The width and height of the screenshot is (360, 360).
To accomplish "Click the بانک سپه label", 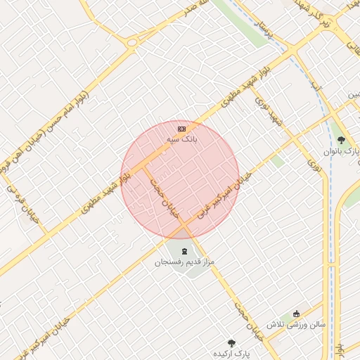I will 181,140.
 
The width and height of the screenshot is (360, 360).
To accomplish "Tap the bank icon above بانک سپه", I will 181,129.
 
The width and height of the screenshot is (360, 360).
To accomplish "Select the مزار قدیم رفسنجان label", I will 184,262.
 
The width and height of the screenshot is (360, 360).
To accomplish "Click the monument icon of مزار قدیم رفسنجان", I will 184,251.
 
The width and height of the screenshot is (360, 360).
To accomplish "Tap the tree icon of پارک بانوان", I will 341,140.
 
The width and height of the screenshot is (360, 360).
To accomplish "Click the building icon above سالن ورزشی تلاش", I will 296,314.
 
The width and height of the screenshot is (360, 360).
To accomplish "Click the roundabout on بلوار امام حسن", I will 131,41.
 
